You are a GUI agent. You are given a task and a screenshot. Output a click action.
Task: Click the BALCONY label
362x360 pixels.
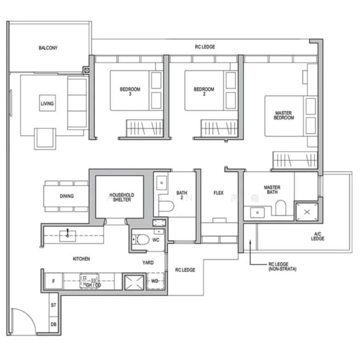point(48,47)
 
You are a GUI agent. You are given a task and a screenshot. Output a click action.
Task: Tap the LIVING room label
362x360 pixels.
point(47,104)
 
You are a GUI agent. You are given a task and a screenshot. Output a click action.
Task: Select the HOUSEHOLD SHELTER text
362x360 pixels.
point(121,198)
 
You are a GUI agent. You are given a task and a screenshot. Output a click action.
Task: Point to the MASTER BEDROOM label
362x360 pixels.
point(284,115)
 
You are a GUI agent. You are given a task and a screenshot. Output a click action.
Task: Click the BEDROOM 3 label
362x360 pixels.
point(130,92)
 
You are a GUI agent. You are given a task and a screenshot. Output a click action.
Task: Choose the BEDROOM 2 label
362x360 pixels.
point(204,92)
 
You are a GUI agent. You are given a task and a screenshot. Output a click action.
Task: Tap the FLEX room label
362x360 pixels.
point(219,193)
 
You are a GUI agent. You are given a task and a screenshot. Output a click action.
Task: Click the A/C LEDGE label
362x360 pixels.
point(318,236)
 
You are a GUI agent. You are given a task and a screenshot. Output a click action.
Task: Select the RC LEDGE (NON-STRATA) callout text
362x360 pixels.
point(280,266)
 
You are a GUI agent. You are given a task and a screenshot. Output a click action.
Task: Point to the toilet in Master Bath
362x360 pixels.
point(280,208)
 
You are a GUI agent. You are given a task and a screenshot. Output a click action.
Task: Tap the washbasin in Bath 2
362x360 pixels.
point(162,182)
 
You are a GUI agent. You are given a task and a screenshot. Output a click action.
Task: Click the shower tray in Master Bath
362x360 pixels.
point(308,212)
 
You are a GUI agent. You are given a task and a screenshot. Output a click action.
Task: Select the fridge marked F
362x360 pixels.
point(53,281)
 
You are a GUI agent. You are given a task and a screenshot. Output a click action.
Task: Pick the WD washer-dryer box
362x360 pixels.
point(155,281)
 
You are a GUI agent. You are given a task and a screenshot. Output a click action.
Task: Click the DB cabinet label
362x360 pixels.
point(53,324)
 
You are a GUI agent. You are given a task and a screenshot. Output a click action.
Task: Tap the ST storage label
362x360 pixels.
point(53,305)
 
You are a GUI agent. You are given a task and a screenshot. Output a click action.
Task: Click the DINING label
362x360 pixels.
point(67,196)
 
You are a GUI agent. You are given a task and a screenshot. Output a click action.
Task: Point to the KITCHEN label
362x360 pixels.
point(82,259)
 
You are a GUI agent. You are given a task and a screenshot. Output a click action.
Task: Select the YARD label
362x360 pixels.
point(148,262)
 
